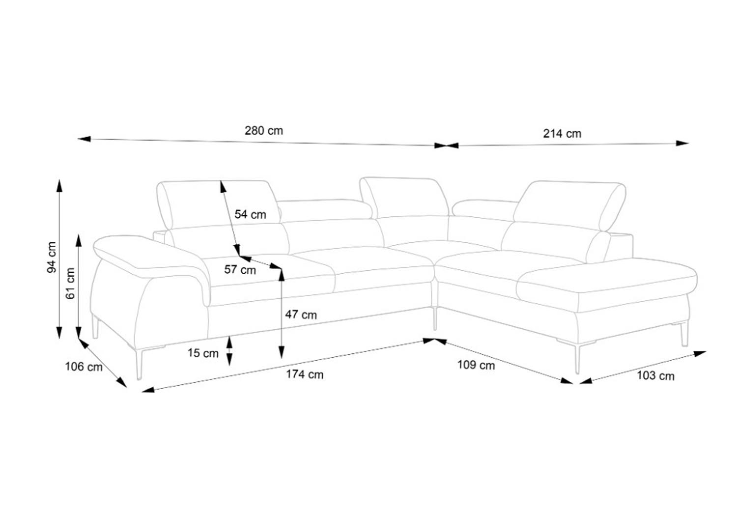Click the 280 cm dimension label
263,131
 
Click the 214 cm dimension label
562,134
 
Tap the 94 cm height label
52,257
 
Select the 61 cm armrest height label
70,284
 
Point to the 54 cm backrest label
250,215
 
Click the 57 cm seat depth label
240,270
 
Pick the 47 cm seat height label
301,315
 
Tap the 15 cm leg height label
203,353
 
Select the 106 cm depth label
84,367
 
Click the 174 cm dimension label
305,375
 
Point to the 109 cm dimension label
476,365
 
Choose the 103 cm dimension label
656,376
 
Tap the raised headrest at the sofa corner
405,198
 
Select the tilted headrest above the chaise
569,206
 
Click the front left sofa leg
140,364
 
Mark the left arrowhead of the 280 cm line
84,139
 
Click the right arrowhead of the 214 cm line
682,143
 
